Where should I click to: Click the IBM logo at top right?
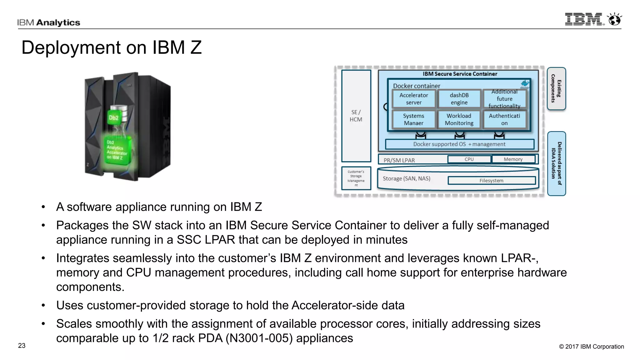coord(584,19)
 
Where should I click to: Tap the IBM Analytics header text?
coord(49,22)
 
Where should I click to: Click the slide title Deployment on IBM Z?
coord(111,47)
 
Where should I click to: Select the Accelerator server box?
coord(413,99)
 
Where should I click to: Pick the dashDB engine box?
coord(459,99)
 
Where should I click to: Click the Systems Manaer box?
coord(413,119)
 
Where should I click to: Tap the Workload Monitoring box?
coord(459,119)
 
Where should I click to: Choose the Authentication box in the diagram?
coord(504,119)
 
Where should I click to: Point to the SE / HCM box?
coord(356,116)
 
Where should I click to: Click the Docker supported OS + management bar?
coord(459,144)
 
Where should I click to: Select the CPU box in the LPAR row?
coord(469,159)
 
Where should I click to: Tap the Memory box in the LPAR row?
coord(513,159)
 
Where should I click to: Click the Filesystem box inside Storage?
coord(491,181)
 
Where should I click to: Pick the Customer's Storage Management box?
coord(356,178)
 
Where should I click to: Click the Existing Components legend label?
coord(556,88)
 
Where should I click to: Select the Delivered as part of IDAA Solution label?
coord(556,163)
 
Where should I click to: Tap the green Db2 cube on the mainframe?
coord(114,117)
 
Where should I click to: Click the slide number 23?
coord(22,346)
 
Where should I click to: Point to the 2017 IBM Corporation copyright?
coord(591,347)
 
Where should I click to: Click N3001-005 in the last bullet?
coord(259,338)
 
